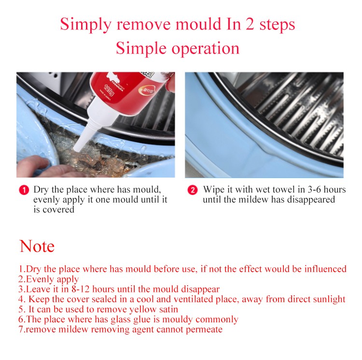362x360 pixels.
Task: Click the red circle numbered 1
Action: point(24,190)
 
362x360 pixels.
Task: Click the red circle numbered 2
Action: point(192,190)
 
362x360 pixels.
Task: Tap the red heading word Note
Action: point(37,246)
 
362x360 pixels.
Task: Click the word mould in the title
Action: point(198,24)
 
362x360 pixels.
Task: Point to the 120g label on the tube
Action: point(109,90)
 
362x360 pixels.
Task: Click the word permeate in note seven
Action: point(204,330)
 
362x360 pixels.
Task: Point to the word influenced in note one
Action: point(325,269)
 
